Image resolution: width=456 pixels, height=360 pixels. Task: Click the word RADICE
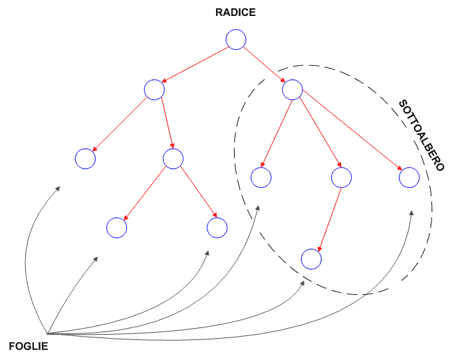[235, 12]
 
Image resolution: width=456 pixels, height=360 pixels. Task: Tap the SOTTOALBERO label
[421, 135]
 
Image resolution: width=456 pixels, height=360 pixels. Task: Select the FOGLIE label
[29, 346]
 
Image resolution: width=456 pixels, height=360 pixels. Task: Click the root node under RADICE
[236, 39]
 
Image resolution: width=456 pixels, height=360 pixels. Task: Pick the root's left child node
[154, 90]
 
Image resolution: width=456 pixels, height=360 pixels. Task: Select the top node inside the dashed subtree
[292, 89]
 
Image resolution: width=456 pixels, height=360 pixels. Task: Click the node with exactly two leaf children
[173, 158]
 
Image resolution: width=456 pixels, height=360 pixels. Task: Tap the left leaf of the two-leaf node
[117, 227]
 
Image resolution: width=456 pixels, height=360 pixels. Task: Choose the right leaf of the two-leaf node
[217, 227]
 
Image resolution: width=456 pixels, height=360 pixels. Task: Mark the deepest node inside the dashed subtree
[311, 258]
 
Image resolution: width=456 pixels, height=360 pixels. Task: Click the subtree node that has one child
[341, 177]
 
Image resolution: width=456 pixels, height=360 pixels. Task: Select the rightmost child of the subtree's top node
[409, 177]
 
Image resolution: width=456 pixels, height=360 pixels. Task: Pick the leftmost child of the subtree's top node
[261, 177]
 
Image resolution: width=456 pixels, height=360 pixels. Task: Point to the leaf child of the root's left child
[85, 158]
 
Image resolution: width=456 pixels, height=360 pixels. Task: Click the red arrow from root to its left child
[195, 64]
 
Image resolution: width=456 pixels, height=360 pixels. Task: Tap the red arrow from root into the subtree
[265, 64]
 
